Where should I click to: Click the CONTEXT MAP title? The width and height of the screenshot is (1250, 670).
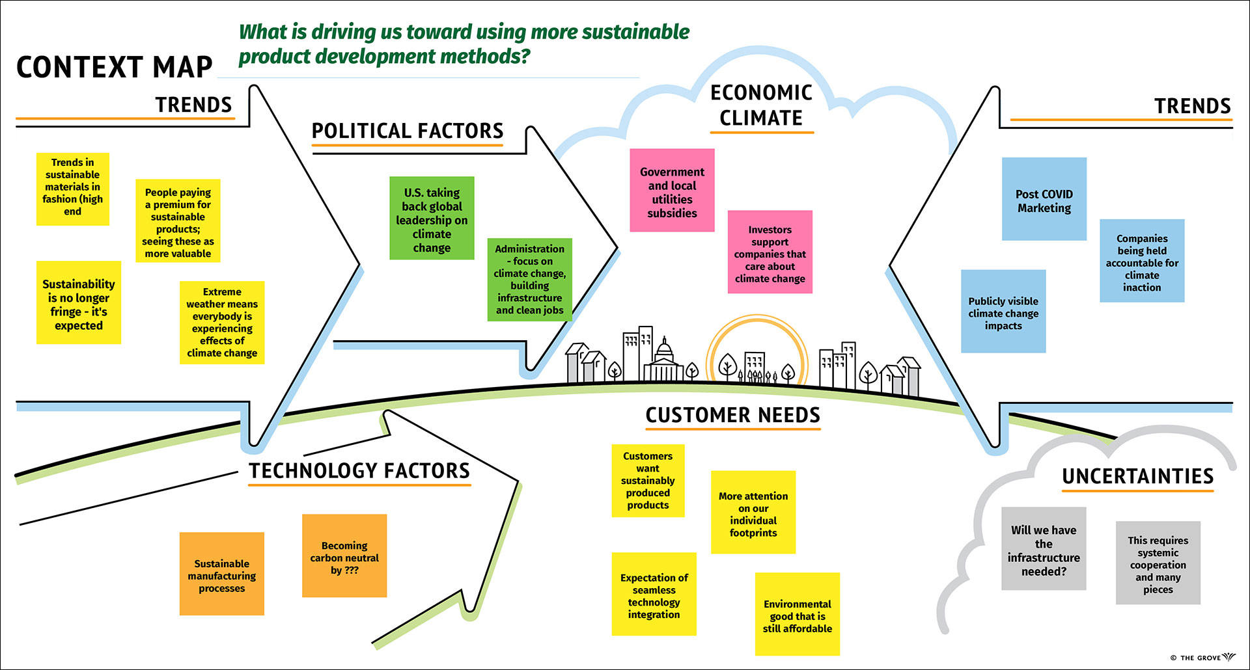click(x=115, y=67)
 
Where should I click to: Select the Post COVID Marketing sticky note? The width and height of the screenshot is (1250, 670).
click(x=1044, y=199)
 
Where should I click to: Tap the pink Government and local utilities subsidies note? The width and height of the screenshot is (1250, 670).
click(x=672, y=191)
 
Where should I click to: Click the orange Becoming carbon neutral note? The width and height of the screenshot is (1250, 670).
click(x=344, y=556)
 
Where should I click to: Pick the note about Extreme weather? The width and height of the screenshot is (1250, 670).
click(x=222, y=323)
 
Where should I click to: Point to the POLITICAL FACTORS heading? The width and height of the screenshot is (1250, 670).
click(x=408, y=131)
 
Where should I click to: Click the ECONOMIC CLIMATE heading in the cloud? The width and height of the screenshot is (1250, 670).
click(x=761, y=105)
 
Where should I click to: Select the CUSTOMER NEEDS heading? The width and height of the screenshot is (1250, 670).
click(x=733, y=415)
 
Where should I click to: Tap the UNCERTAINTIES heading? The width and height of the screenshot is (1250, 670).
click(x=1138, y=476)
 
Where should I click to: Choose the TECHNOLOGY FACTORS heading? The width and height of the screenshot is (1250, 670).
click(x=359, y=470)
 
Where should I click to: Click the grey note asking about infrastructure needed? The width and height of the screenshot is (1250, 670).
click(x=1044, y=549)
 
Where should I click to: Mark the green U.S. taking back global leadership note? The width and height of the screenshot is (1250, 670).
click(x=432, y=218)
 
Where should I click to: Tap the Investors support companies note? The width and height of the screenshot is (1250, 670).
click(x=770, y=252)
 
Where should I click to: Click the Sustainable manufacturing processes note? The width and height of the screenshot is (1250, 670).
click(x=222, y=574)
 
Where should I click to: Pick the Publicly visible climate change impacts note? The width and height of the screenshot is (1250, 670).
click(x=1003, y=312)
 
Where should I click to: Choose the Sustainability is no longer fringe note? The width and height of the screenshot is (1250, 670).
click(x=79, y=302)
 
